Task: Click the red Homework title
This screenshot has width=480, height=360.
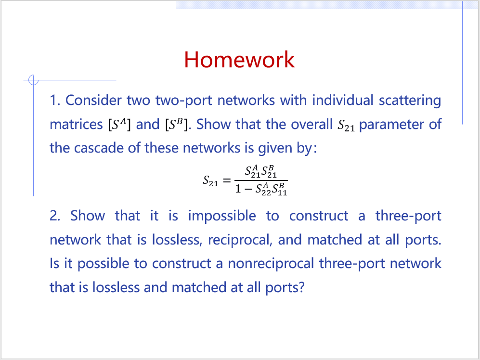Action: [x=239, y=60]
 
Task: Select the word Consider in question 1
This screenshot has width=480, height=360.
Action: [x=93, y=101]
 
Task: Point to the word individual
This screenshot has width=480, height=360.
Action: [x=343, y=101]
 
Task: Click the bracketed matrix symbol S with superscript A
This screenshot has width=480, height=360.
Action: [x=119, y=124]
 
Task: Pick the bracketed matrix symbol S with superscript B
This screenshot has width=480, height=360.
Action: [x=176, y=124]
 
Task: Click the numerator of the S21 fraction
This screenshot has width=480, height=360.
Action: [x=261, y=172]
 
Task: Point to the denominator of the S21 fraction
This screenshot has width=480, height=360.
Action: [x=261, y=189]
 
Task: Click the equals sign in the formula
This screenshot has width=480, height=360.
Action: [x=227, y=180]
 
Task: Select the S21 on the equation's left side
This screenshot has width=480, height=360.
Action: [x=210, y=181]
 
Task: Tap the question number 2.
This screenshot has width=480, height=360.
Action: [x=55, y=216]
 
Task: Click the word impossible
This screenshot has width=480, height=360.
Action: [x=222, y=216]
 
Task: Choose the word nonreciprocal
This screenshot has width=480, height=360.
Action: [x=271, y=264]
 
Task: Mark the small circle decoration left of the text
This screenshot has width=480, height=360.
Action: [x=33, y=80]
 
